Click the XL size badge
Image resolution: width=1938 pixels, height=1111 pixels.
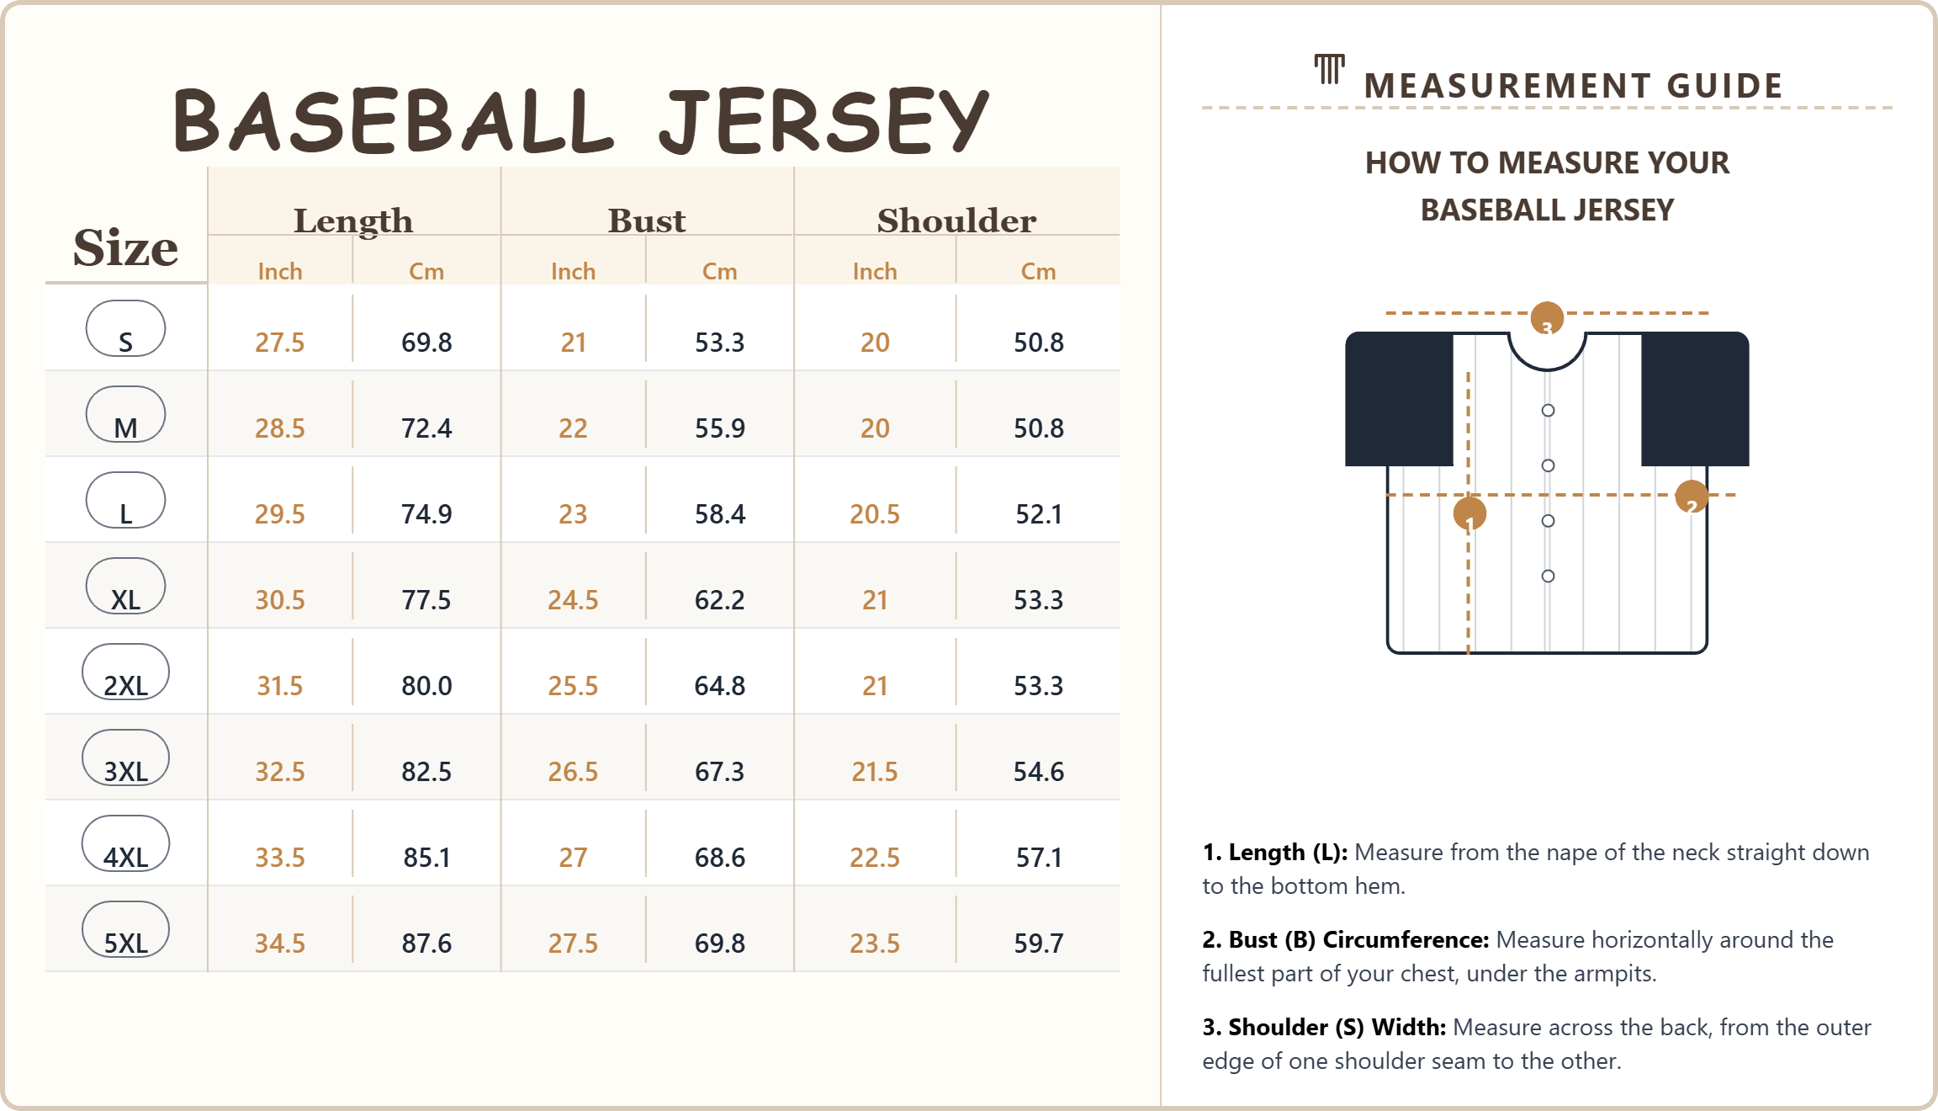pos(125,587)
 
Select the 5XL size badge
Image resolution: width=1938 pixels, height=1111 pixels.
pos(125,930)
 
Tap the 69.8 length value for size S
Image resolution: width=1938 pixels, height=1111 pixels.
pos(426,343)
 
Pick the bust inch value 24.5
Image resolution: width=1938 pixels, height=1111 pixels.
pos(573,600)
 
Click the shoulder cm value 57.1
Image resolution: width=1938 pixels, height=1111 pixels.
pos(1039,858)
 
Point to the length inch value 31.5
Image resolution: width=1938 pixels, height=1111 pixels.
pos(279,686)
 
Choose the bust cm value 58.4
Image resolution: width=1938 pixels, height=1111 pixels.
pos(720,514)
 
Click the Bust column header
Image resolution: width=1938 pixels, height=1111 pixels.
pos(647,221)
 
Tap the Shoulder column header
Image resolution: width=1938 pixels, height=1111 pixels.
pos(956,221)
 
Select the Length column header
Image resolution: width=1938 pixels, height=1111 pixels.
pos(353,221)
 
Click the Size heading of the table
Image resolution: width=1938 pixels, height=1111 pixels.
pos(125,247)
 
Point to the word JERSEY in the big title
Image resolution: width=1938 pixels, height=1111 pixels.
pos(824,122)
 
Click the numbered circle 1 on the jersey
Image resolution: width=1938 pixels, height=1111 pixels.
pos(1469,513)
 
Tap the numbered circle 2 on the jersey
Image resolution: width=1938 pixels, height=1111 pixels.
pos(1691,497)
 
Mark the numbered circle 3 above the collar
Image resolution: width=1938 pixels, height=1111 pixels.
pos(1547,318)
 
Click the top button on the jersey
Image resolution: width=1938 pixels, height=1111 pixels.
pos(1548,411)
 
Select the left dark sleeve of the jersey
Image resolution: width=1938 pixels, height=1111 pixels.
pos(1399,399)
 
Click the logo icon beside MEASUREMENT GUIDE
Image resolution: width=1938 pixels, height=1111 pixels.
pos(1330,70)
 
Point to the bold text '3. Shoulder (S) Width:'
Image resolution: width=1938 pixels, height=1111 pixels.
pos(1324,1028)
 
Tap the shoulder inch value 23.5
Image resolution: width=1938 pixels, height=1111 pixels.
pos(875,944)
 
